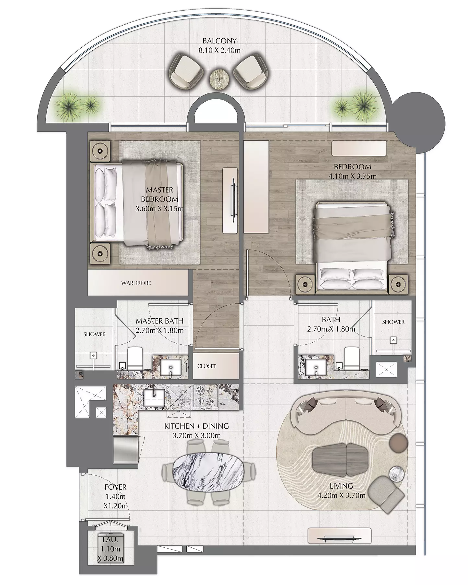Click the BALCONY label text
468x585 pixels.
click(x=219, y=41)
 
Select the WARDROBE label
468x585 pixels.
click(x=136, y=283)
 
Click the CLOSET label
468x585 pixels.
click(x=207, y=366)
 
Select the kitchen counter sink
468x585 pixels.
click(x=154, y=397)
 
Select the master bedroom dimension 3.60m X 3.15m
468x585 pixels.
click(x=159, y=208)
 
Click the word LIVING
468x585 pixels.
click(x=341, y=486)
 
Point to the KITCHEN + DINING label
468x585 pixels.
click(x=196, y=426)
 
